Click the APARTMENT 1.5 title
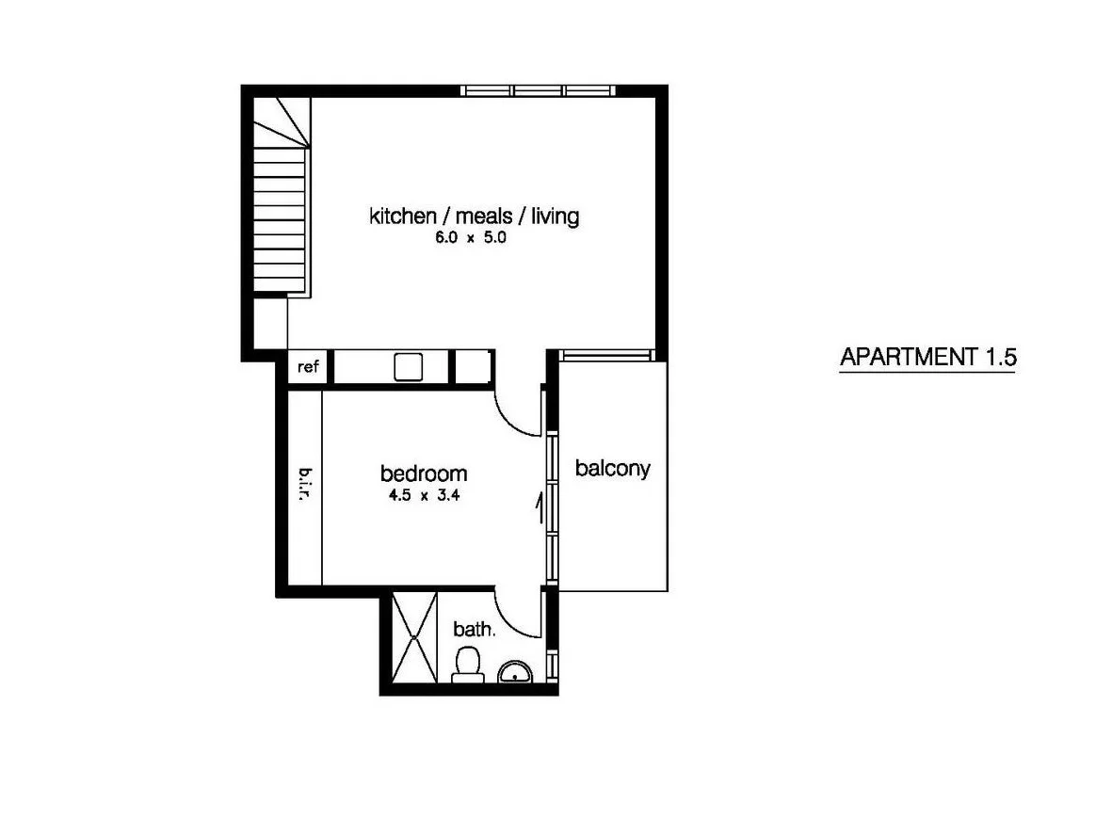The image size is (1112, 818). (927, 358)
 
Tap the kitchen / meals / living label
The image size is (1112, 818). (474, 217)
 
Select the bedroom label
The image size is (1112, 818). (423, 473)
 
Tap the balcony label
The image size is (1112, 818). (613, 468)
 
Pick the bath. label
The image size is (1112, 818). (474, 629)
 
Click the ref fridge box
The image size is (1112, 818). (308, 367)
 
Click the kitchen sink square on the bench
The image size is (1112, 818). (409, 366)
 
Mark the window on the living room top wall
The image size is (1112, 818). (539, 90)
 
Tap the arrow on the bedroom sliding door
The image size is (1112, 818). (538, 508)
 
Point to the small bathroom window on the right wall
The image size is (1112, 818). (553, 665)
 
